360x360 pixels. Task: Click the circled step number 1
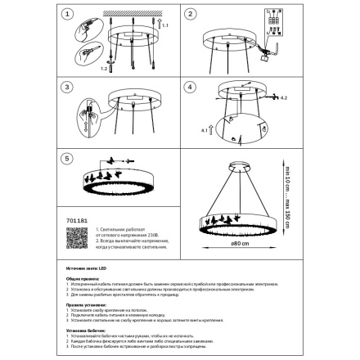tap(68, 14)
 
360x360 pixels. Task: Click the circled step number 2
tap(191, 14)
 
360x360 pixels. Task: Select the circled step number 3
tap(68, 87)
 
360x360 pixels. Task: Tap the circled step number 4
tap(191, 87)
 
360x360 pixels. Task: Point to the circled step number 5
tap(68, 159)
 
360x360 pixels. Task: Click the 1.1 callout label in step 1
tap(164, 28)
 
